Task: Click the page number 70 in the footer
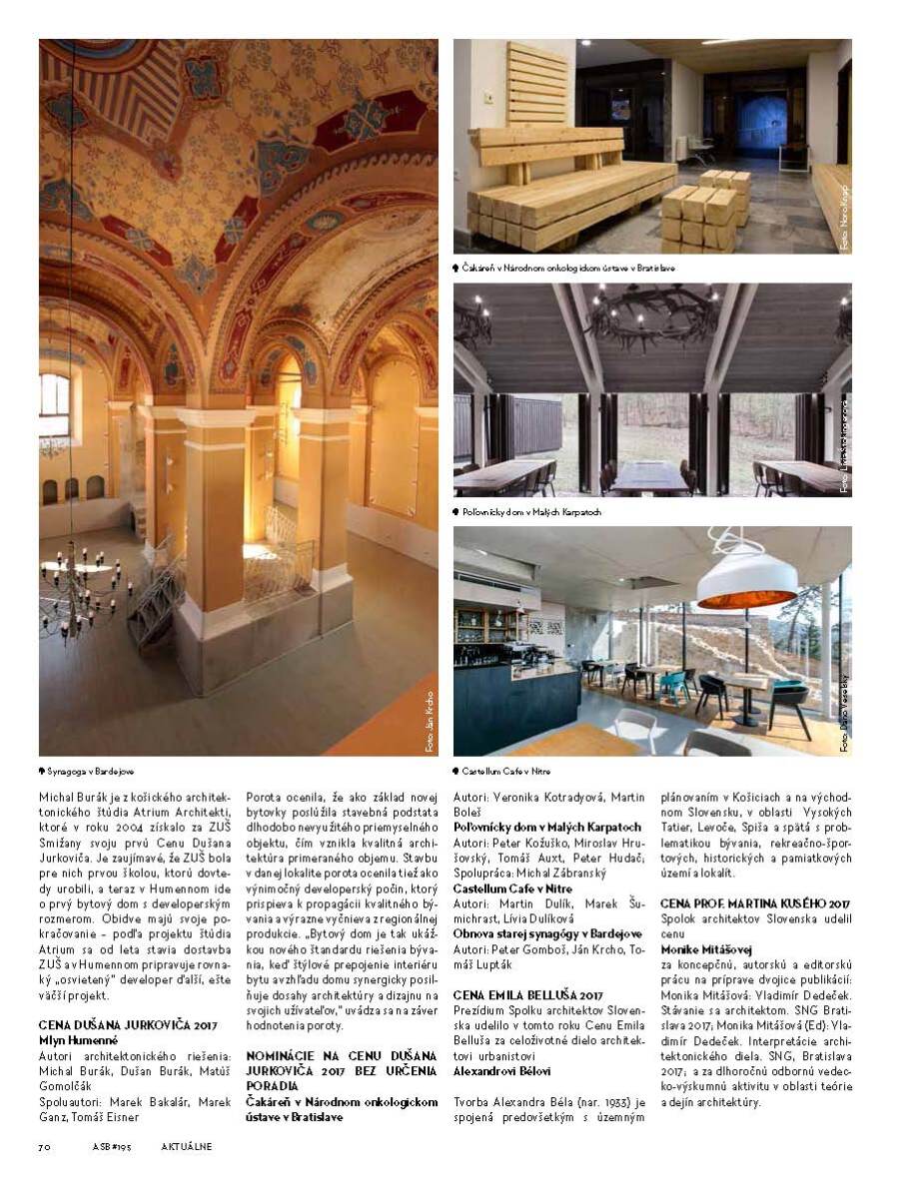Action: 45,1146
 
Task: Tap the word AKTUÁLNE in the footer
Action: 186,1146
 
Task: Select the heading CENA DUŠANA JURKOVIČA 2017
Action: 128,1025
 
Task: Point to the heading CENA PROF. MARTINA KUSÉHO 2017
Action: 756,904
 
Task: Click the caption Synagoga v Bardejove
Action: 91,772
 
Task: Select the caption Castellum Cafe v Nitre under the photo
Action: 505,771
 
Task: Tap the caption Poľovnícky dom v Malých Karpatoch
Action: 531,512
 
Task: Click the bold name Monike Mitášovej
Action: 706,948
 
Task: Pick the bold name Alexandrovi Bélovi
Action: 502,1070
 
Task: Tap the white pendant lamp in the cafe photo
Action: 746,578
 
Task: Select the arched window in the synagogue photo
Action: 54,405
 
